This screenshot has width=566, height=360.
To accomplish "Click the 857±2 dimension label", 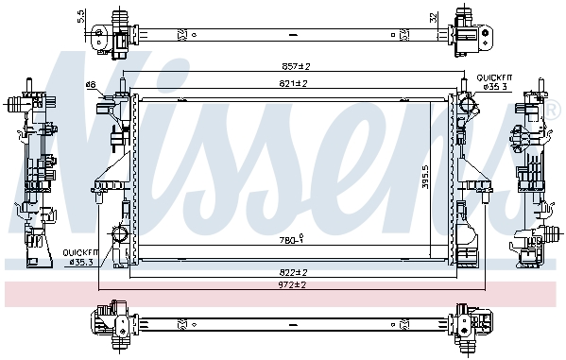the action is (296, 66).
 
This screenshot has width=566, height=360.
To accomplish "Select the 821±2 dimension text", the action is (293, 83).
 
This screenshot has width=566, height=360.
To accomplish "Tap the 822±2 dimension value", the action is (293, 272).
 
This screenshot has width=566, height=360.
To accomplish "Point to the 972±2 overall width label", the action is (292, 284).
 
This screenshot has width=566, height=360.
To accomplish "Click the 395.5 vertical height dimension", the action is (425, 177).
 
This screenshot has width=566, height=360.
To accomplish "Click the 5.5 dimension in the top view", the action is (81, 16).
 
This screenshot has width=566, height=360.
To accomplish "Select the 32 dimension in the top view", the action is (434, 17).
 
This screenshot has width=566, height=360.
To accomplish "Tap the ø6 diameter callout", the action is (91, 84).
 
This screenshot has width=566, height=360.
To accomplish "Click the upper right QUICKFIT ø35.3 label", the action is (494, 82).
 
